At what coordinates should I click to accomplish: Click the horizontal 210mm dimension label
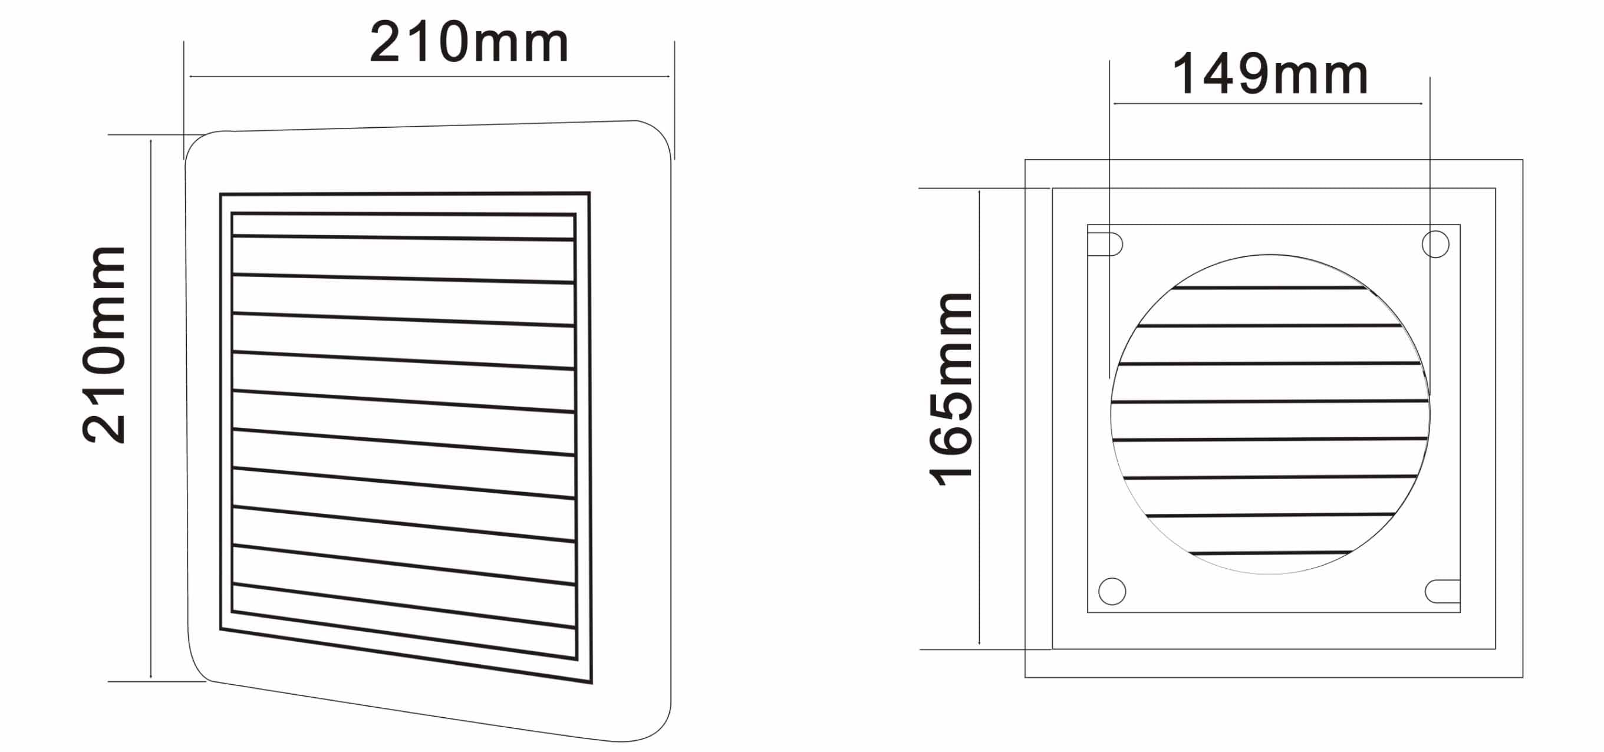click(x=469, y=42)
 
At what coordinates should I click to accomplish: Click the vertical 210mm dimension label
click(x=104, y=344)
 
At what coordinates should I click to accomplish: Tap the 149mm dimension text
click(x=1270, y=74)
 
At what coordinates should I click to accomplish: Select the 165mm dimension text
click(x=950, y=389)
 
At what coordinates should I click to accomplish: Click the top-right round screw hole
click(x=1435, y=244)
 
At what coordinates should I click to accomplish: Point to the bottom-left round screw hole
click(x=1112, y=591)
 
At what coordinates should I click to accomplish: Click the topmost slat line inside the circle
click(x=1269, y=288)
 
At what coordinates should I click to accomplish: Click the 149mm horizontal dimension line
click(x=1268, y=103)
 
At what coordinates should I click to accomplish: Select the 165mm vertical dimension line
click(x=980, y=417)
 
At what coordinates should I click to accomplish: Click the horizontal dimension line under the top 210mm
click(x=430, y=77)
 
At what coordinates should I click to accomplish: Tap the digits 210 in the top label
click(x=419, y=42)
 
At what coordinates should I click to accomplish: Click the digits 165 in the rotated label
click(x=950, y=436)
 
